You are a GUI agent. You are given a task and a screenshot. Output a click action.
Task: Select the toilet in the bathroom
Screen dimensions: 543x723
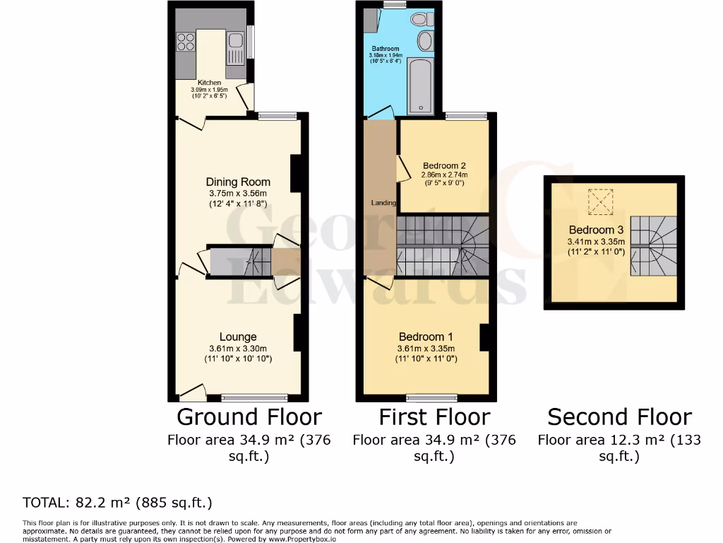click(x=423, y=19)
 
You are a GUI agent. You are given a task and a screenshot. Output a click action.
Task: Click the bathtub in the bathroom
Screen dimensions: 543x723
click(x=422, y=88)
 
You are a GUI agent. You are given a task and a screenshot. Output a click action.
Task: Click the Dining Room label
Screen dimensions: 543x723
click(x=238, y=182)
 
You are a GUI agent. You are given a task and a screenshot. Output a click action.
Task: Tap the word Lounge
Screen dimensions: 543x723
click(x=237, y=337)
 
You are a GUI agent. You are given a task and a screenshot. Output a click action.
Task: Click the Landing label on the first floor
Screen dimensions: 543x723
click(x=384, y=203)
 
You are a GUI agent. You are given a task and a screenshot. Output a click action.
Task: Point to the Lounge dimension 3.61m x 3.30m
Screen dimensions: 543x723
click(x=238, y=349)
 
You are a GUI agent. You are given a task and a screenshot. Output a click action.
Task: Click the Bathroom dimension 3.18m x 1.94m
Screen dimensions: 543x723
click(x=386, y=55)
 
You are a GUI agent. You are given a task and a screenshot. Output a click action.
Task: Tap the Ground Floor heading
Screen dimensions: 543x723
click(x=249, y=416)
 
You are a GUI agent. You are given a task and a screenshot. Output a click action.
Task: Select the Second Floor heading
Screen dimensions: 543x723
click(x=619, y=416)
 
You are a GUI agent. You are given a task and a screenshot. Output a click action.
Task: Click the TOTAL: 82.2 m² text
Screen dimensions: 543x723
click(x=117, y=503)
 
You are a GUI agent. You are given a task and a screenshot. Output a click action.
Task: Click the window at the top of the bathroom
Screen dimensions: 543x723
click(x=395, y=5)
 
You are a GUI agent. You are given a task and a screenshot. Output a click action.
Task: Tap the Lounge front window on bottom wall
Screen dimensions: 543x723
click(x=254, y=397)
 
